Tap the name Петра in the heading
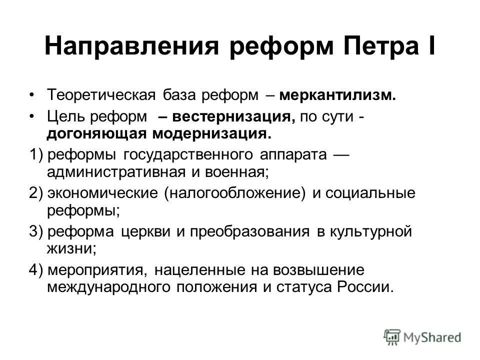[x=372, y=47]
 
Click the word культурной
[x=370, y=231]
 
